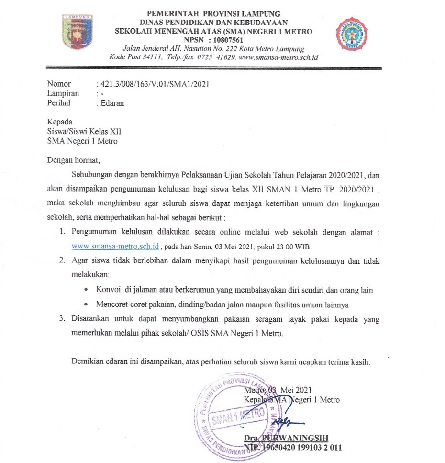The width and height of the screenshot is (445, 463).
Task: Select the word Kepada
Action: tap(60, 122)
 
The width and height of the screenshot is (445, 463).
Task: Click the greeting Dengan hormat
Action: tap(74, 160)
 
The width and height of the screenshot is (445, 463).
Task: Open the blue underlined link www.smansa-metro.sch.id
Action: tap(115, 247)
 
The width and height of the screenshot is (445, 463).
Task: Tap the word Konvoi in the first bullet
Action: tap(109, 290)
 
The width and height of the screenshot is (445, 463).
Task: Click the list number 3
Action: tap(62, 319)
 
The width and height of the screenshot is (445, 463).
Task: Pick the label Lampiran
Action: tap(63, 94)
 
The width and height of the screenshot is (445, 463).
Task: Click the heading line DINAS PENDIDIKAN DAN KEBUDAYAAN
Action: tap(214, 23)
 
